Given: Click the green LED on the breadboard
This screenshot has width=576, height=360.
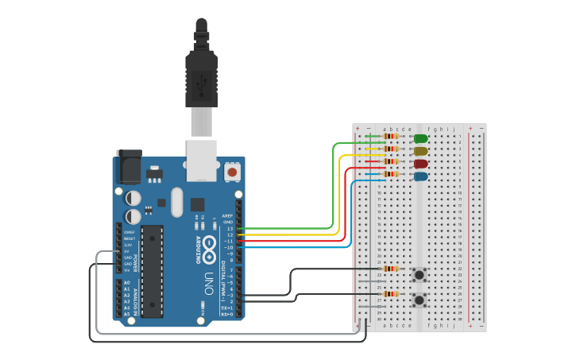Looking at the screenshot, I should pos(420,138).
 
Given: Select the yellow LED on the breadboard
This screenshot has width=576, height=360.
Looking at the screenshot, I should pos(420,151).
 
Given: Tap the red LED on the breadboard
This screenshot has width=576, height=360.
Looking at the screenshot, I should pos(420,164).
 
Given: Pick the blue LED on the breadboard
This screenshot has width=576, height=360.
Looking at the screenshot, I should pos(420,176).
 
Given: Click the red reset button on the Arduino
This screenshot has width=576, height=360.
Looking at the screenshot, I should pos(233,172).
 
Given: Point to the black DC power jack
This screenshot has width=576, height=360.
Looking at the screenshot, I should pos(128,167).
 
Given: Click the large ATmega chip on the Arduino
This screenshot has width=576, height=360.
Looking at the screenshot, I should pos(153,269).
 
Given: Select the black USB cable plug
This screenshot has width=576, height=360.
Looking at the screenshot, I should pos(201,79).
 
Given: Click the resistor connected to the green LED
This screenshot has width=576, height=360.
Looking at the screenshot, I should pos(391,136).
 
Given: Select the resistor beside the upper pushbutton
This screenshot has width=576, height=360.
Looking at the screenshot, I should pos(391,269).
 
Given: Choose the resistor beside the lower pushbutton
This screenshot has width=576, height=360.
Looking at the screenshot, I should pos(391,294).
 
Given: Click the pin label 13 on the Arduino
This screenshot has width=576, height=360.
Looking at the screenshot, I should pos(230,229).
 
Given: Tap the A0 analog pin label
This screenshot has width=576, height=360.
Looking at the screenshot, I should pos(126,283).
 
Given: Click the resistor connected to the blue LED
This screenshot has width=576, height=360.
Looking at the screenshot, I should pos(391,174).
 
